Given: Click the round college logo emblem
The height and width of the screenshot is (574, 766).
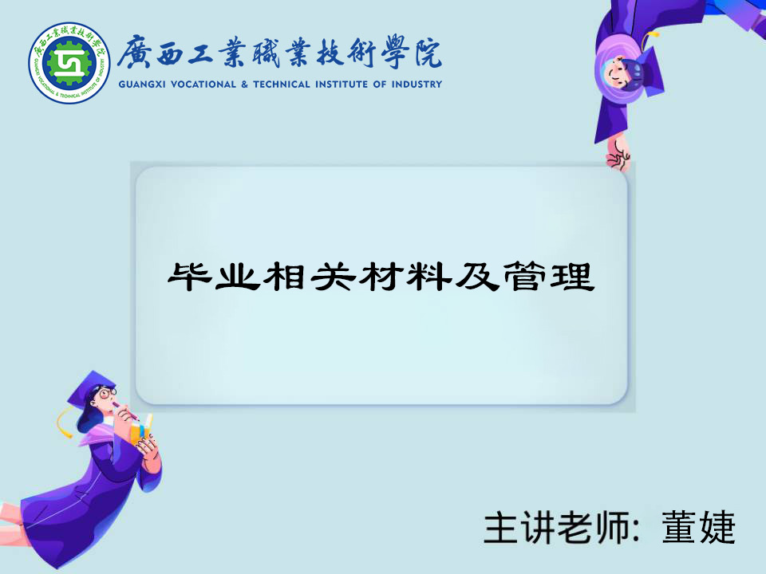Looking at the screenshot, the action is coord(69,62).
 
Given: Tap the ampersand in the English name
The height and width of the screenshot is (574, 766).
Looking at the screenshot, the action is coord(244,85).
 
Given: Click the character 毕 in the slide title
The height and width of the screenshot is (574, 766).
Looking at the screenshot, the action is coord(190,277).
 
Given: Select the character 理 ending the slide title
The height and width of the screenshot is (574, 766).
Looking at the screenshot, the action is coord(572,277).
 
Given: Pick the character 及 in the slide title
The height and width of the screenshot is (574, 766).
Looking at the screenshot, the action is coord(476,277).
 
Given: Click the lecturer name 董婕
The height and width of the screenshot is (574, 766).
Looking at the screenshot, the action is coord(699,528).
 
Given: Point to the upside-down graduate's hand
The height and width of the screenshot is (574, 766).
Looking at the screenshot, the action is coord(618,154).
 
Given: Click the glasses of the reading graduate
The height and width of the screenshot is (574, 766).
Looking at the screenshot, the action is coord(106,393).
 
